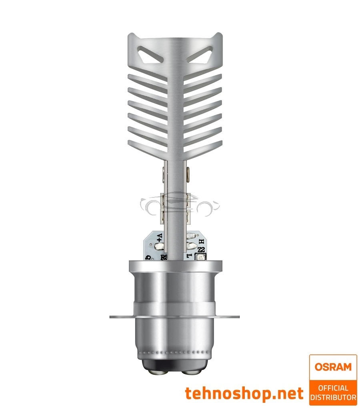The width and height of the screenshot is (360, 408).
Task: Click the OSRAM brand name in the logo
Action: (x=332, y=366)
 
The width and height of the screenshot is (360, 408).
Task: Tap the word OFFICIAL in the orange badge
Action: (x=333, y=388)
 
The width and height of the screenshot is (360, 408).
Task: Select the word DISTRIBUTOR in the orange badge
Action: (x=333, y=397)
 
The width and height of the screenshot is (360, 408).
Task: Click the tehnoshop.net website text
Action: (x=244, y=393)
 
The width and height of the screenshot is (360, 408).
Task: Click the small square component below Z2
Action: (x=200, y=258)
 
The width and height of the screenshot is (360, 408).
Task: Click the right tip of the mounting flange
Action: (x=241, y=317)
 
